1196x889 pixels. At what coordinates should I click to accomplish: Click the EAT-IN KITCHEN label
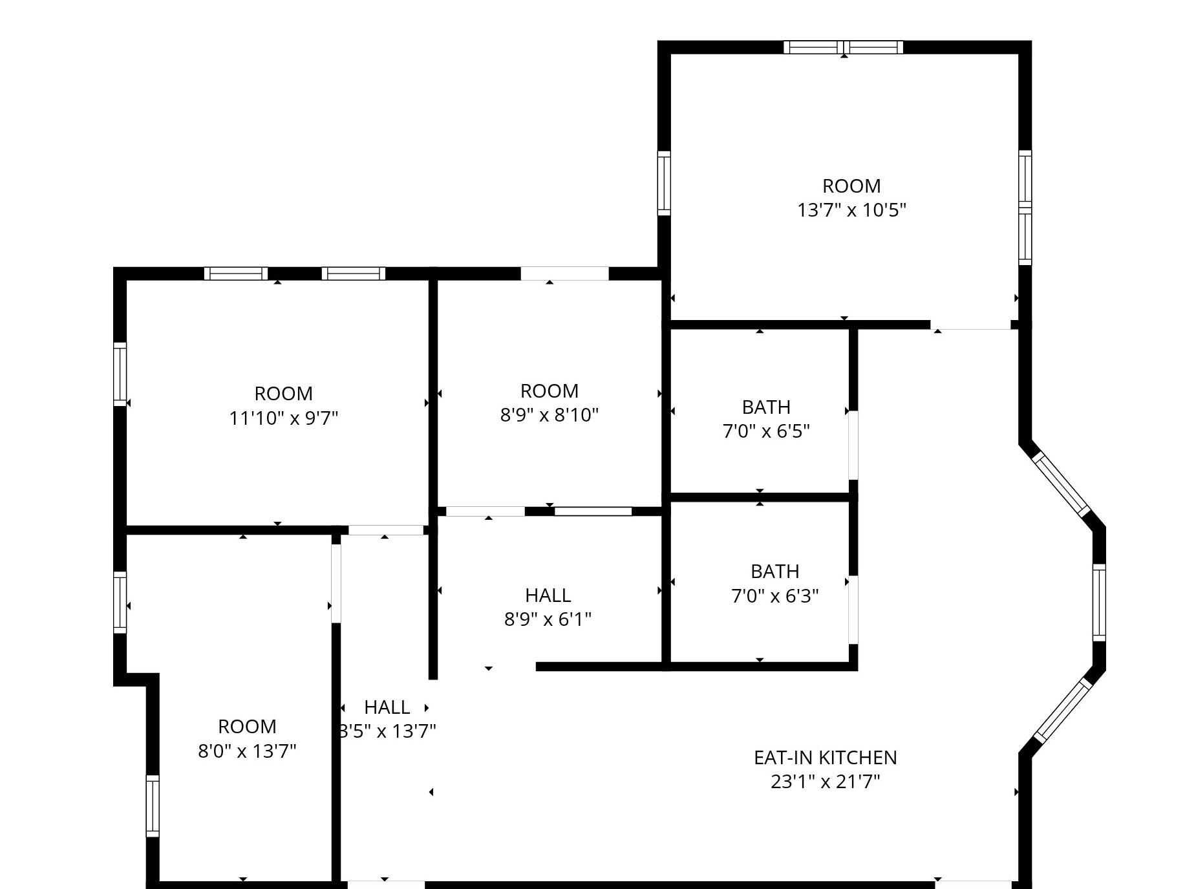825,757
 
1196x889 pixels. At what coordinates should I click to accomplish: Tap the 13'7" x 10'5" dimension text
851,210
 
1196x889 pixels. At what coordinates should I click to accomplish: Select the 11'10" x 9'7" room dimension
284,418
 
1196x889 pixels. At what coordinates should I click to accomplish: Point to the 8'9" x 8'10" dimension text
549,414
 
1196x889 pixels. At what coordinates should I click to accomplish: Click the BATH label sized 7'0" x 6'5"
766,407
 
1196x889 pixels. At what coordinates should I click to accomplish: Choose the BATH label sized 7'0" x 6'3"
774,572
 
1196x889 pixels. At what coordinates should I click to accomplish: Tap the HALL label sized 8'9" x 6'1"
548,595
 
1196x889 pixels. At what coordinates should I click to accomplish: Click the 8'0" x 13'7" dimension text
247,751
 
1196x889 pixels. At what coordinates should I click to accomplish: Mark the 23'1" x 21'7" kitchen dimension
825,782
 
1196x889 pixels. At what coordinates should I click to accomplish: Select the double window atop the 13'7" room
843,47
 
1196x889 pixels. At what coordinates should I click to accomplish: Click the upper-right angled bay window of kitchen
1061,484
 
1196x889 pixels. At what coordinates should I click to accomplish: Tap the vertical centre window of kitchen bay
1099,603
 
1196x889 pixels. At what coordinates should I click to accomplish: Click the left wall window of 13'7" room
663,183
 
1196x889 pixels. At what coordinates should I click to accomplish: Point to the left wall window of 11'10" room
120,374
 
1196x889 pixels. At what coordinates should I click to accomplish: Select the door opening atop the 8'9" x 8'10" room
564,273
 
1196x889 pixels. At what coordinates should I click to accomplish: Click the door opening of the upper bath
853,445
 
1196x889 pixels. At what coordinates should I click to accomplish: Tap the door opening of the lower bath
853,609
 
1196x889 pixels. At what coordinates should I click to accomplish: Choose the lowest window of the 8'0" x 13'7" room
152,806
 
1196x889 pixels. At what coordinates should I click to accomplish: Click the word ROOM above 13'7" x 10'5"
851,186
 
